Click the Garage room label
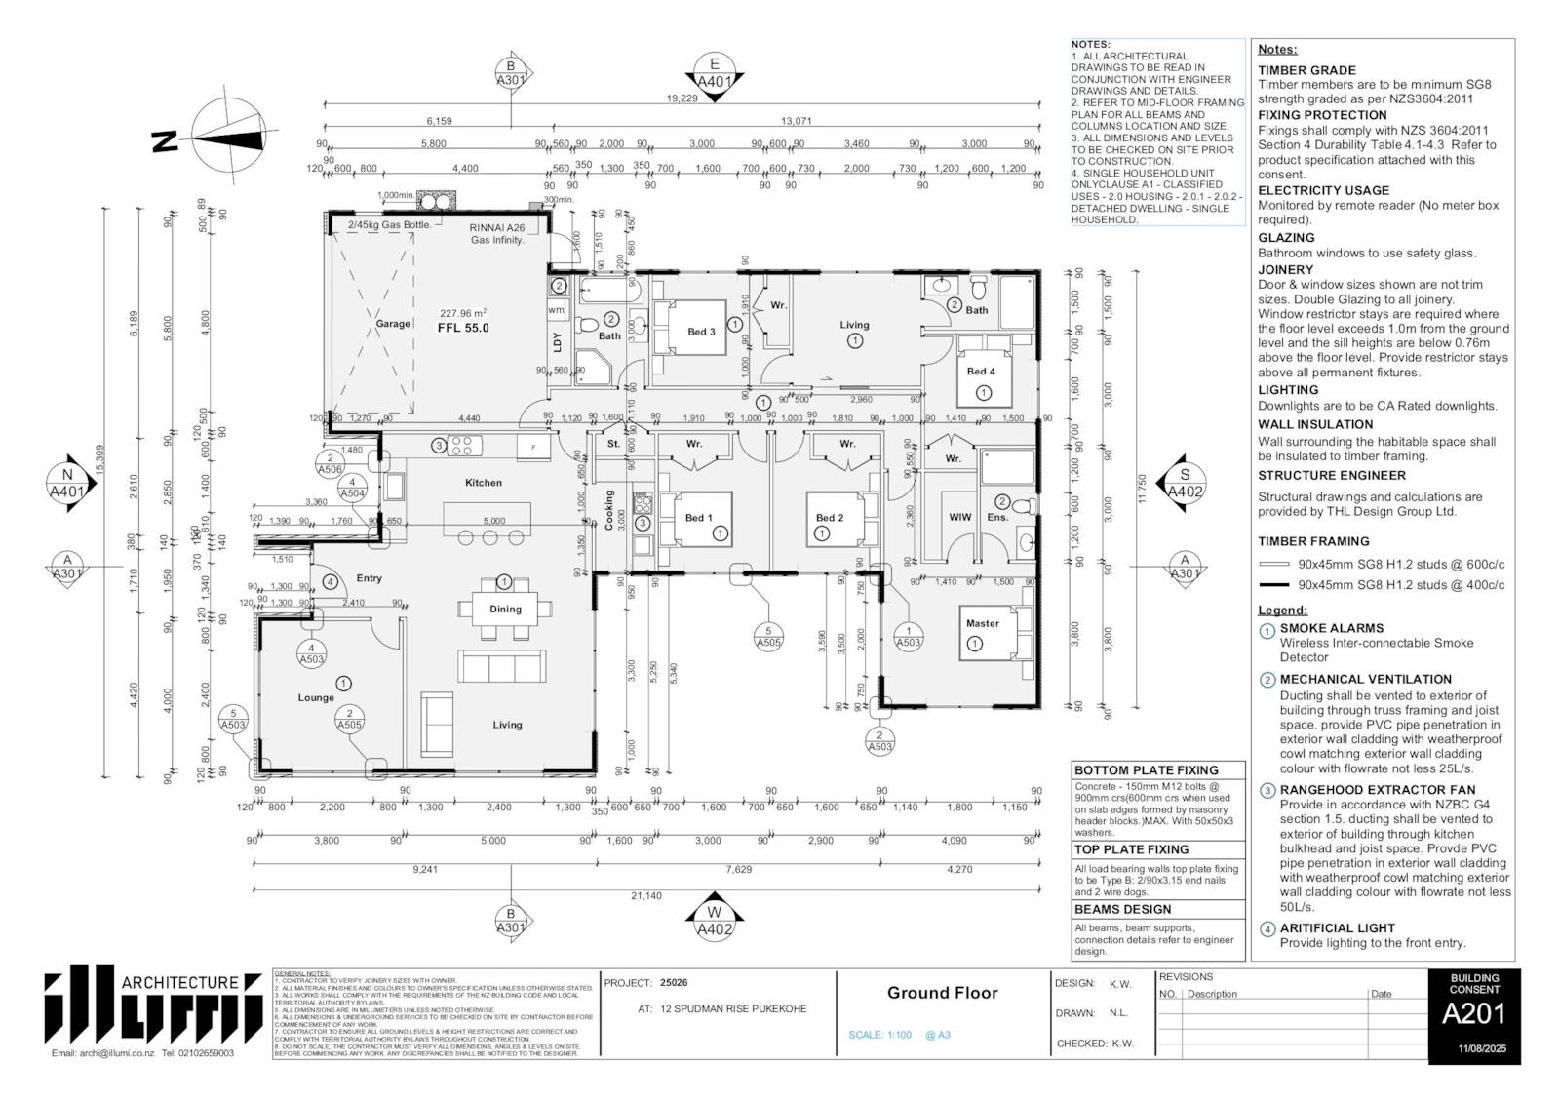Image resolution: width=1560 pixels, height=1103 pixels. pyautogui.click(x=393, y=324)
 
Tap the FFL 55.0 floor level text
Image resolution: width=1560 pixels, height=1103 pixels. pyautogui.click(x=463, y=329)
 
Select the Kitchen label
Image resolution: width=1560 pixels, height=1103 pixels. pyautogui.click(x=484, y=483)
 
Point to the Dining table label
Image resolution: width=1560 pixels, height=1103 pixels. pyautogui.click(x=505, y=609)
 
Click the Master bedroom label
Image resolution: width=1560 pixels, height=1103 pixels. pyautogui.click(x=983, y=623)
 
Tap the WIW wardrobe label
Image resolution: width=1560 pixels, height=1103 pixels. pyautogui.click(x=959, y=517)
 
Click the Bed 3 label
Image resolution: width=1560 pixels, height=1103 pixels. pyautogui.click(x=701, y=332)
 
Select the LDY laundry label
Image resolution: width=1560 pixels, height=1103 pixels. pyautogui.click(x=558, y=342)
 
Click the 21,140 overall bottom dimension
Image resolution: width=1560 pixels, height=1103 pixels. pyautogui.click(x=646, y=895)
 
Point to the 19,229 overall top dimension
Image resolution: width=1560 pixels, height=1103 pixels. pyautogui.click(x=682, y=98)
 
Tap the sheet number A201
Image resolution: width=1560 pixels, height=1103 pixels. pyautogui.click(x=1473, y=1015)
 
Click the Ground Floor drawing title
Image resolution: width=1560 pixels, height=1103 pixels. pyautogui.click(x=942, y=993)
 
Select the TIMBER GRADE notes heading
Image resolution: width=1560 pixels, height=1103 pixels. pyautogui.click(x=1306, y=70)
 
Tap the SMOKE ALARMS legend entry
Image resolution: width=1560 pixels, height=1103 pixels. pyautogui.click(x=1331, y=628)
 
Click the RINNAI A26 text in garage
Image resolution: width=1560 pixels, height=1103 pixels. pyautogui.click(x=497, y=227)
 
